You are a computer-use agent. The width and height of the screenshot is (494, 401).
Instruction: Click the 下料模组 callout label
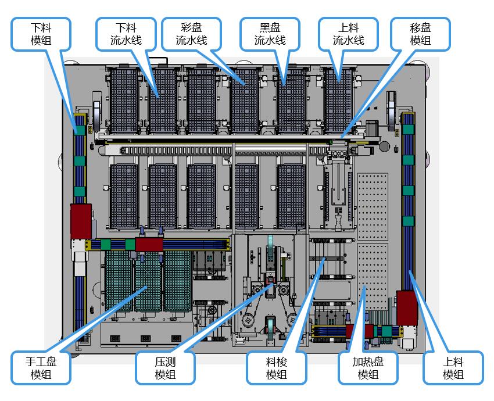coord(41,34)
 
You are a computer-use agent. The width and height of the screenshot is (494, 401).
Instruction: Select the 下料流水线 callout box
coord(126,34)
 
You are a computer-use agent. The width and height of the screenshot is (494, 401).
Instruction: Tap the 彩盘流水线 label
coord(192,34)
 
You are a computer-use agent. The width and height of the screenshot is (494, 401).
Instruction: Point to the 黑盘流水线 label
coord(270,34)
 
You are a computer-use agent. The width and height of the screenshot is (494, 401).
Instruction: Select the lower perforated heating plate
coord(373,285)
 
